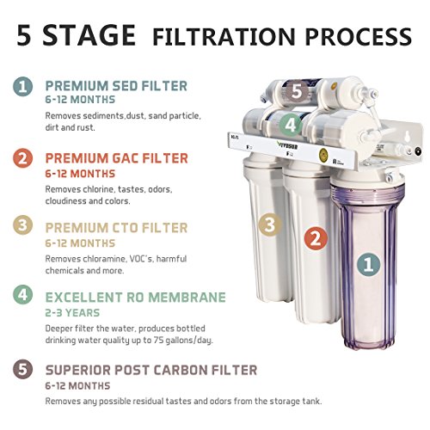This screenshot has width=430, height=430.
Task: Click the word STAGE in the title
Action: pos(89,35)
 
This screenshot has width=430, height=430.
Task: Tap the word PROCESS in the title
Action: pos(359,36)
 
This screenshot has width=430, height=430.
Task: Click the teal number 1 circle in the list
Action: pos(22,86)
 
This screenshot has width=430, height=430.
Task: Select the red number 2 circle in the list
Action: pos(22,158)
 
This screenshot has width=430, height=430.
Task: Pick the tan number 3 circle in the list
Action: pos(22,225)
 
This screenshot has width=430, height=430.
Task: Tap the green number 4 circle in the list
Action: pos(22,295)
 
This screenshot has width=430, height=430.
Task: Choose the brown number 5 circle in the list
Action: pos(22,369)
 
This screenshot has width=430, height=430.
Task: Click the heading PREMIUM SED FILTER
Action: pos(116,86)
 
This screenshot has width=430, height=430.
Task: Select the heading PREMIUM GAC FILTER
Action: pos(117,158)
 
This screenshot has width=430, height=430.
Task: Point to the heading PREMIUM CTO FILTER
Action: pos(116,228)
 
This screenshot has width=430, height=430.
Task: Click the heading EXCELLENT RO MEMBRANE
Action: pos(136,298)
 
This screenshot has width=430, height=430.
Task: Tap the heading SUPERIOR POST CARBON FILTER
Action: pos(151,370)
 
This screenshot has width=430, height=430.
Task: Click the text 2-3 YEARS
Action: pos(72,313)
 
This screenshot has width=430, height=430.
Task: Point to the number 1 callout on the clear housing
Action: pos(368,264)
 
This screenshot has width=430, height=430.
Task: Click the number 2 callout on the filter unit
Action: pos(316,239)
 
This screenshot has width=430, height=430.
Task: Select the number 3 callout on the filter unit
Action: pos(270,224)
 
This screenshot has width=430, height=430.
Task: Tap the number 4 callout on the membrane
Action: pos(291,126)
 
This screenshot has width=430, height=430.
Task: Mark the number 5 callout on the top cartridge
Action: pos(297,92)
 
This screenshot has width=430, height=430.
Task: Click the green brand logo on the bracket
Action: pos(288,146)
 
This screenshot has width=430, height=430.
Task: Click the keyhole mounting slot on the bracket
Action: pos(407,137)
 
